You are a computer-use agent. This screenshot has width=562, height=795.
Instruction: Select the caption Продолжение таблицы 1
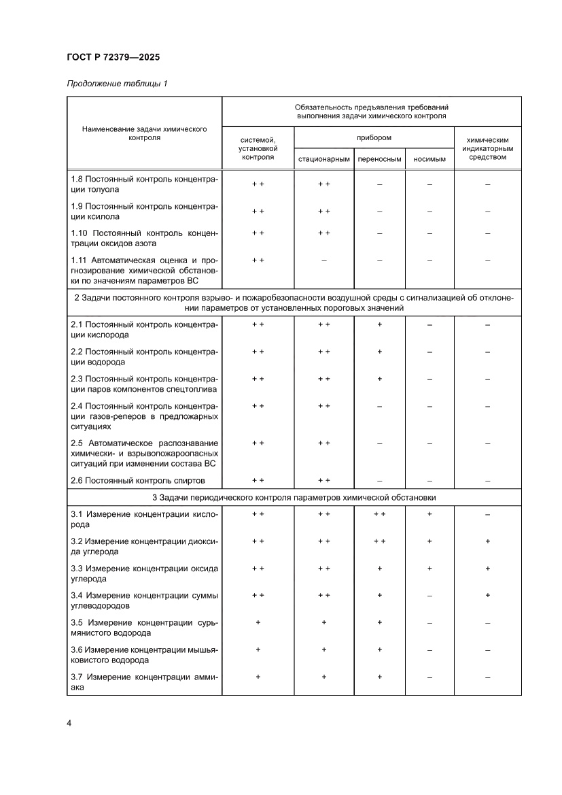point(116,84)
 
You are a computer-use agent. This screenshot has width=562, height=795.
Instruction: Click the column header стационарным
point(323,159)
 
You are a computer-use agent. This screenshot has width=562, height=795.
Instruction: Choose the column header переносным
point(380,159)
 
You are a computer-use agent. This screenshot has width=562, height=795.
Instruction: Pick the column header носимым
point(429,159)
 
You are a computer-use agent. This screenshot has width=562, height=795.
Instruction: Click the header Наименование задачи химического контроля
point(144,133)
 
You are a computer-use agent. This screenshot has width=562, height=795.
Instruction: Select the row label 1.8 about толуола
point(144,184)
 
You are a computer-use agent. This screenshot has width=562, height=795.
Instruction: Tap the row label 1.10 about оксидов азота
point(144,238)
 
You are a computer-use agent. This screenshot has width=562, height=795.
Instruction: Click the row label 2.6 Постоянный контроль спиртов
point(137,480)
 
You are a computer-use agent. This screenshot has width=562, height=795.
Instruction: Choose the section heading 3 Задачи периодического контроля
point(294,498)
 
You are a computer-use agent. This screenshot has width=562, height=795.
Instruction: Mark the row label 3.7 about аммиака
point(144,682)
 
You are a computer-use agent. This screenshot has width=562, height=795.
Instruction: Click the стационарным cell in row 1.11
point(323,260)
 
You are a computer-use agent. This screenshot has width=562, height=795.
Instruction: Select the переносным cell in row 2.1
point(380,324)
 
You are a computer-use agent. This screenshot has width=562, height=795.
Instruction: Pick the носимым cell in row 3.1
point(429,515)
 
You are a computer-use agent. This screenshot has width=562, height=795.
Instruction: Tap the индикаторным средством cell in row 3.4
point(487,595)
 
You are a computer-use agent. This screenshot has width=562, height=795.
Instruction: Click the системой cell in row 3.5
point(258,622)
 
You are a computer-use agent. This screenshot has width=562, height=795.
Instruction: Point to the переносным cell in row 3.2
point(380,541)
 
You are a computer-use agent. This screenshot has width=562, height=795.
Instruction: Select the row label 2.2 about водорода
point(144,356)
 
